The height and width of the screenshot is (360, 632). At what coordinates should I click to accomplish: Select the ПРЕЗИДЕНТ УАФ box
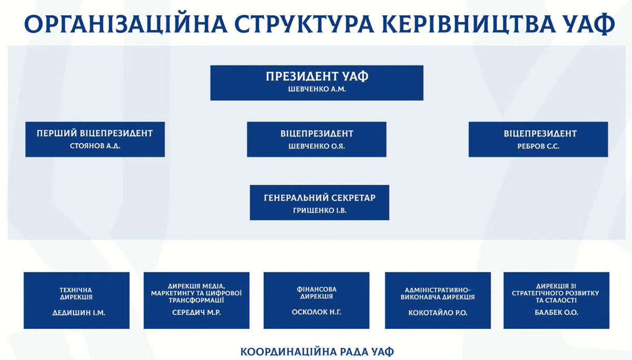[317, 83]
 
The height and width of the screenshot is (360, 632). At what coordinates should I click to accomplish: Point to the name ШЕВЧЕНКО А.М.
[317, 89]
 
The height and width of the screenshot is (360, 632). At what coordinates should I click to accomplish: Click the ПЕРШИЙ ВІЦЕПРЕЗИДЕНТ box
[95, 139]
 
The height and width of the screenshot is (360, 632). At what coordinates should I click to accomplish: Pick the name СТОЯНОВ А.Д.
[95, 146]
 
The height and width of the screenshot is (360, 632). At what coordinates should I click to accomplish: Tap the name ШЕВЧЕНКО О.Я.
[317, 146]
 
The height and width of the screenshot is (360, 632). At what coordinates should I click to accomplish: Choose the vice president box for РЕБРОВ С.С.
[538, 139]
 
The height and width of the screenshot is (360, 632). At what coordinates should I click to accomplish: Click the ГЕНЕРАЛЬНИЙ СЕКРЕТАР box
[319, 203]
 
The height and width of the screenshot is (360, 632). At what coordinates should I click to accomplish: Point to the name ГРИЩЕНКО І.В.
[320, 211]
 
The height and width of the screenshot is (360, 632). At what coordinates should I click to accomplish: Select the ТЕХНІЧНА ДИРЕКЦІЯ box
[76, 300]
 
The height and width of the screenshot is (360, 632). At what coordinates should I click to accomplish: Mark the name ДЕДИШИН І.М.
[78, 313]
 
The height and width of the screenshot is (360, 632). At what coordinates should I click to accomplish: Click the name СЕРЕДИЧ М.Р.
[196, 312]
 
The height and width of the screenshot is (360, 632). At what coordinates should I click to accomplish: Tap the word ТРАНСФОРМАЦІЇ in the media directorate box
[196, 300]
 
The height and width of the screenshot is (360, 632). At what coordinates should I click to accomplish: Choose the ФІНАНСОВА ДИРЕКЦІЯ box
[317, 300]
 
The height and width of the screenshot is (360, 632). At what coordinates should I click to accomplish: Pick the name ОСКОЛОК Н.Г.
[317, 312]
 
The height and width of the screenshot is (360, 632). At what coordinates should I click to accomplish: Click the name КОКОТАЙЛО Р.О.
[438, 313]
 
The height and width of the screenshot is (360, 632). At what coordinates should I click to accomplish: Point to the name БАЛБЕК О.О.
[556, 312]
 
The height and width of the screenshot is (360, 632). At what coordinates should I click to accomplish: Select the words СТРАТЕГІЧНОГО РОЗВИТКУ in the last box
[555, 293]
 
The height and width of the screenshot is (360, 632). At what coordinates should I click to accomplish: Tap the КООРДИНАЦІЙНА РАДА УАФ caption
[317, 352]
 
